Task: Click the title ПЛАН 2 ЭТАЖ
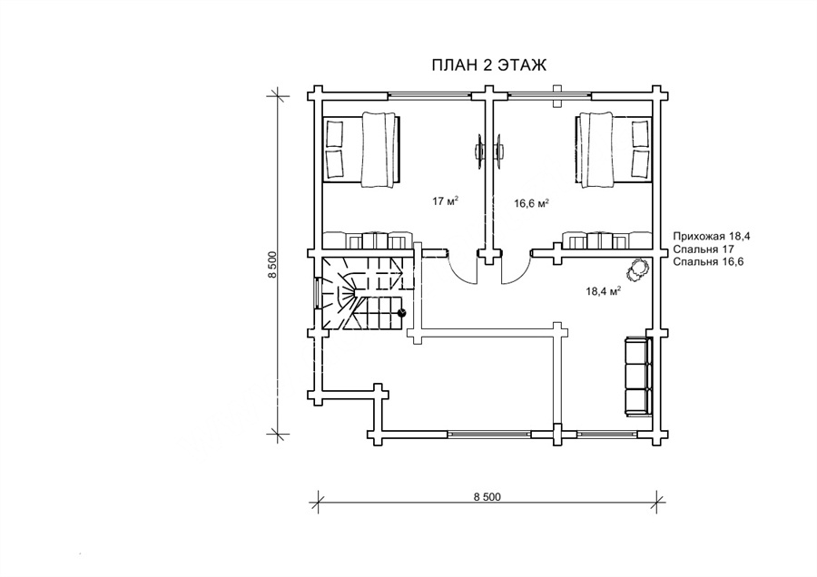tap(488, 65)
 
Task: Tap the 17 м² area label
tap(445, 201)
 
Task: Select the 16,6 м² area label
tap(531, 203)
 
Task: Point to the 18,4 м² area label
tap(603, 291)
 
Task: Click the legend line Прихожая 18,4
tap(712, 236)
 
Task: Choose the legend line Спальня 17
tap(704, 249)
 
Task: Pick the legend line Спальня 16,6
tap(708, 261)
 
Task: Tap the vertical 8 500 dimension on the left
tap(273, 265)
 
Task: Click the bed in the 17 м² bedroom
tap(362, 149)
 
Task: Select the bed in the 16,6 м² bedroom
tap(614, 149)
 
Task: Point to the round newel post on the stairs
tap(402, 312)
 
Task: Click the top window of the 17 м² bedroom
tap(430, 95)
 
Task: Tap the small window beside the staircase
tap(318, 293)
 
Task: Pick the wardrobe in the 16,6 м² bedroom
tap(607, 240)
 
